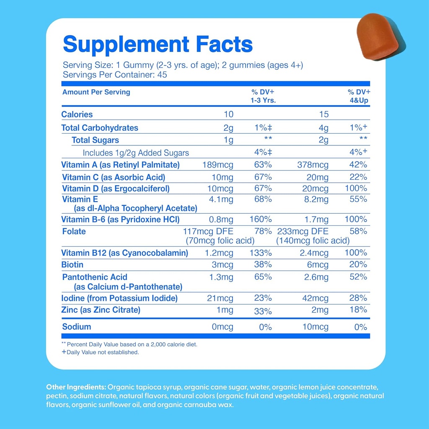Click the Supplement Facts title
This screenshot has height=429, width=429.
(158, 44)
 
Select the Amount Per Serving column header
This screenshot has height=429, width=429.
(96, 92)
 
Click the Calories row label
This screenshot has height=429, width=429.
(77, 114)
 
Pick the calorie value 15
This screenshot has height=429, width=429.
(323, 114)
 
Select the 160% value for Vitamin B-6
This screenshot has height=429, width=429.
(263, 219)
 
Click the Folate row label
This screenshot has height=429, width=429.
(74, 231)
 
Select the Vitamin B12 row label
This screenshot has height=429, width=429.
(124, 253)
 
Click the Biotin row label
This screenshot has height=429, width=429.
(72, 264)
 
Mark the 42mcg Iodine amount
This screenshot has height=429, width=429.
(318, 298)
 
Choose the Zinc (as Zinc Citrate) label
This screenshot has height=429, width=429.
(101, 310)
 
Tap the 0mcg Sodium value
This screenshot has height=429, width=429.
(222, 327)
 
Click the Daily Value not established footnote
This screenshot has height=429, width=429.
(100, 352)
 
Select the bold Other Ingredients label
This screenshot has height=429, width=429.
(76, 387)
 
